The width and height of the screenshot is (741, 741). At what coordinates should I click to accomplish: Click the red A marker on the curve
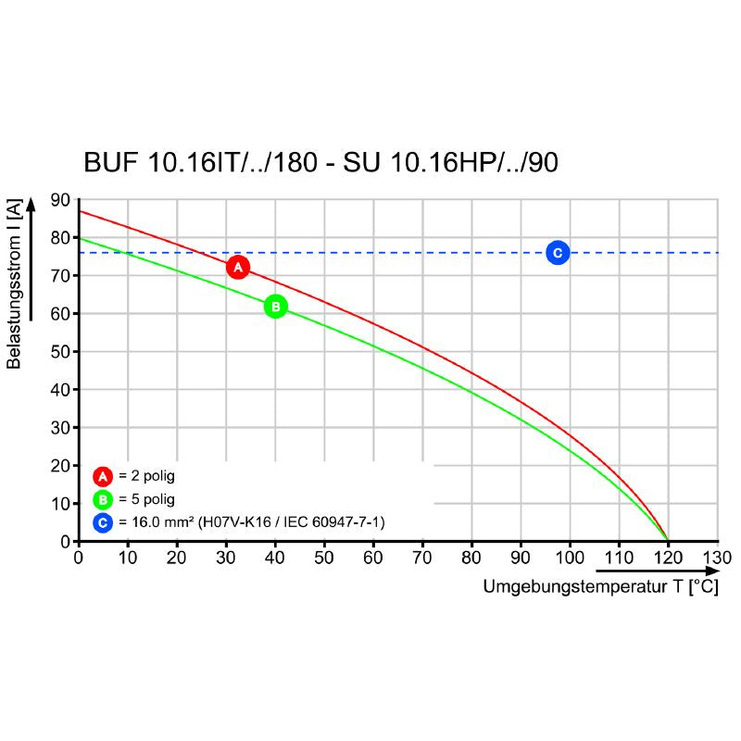click(x=238, y=268)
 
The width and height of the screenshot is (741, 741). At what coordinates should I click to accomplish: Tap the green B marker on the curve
click(x=275, y=307)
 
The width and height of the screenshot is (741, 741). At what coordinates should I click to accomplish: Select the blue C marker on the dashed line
click(x=557, y=252)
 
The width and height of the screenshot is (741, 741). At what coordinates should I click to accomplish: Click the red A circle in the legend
click(x=103, y=477)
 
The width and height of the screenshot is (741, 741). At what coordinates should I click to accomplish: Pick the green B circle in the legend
click(x=103, y=500)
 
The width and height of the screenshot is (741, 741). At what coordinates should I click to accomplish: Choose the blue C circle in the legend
click(x=103, y=523)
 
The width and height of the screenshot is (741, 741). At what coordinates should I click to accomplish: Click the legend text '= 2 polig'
click(x=146, y=477)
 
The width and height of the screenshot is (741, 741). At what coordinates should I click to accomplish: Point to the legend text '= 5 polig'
click(x=146, y=500)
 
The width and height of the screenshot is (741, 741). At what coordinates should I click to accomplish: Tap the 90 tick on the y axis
click(x=60, y=200)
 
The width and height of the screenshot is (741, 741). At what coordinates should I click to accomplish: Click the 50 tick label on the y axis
click(x=60, y=352)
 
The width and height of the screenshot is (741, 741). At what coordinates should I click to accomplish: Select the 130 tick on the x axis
click(x=718, y=558)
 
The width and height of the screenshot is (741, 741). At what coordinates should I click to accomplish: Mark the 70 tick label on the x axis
click(x=422, y=558)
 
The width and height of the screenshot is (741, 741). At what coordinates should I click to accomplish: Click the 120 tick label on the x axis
click(x=668, y=558)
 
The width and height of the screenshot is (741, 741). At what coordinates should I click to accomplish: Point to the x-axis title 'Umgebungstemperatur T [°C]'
click(x=599, y=587)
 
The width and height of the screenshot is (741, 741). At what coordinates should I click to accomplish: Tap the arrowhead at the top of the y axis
click(x=32, y=203)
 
